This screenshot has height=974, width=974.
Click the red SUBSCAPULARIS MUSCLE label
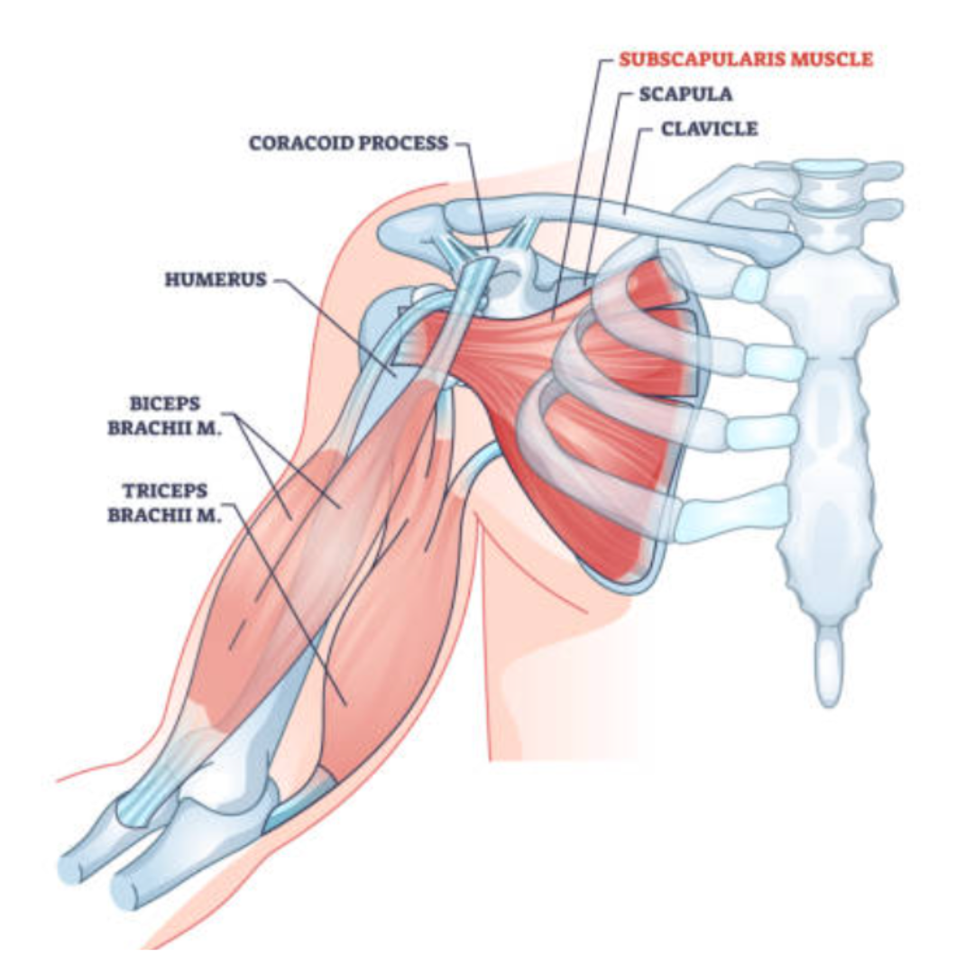[x=746, y=60]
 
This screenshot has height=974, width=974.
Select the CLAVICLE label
[x=710, y=128]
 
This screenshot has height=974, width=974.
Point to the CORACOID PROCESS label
[x=348, y=142]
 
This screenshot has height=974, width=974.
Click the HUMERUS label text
[x=216, y=280]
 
